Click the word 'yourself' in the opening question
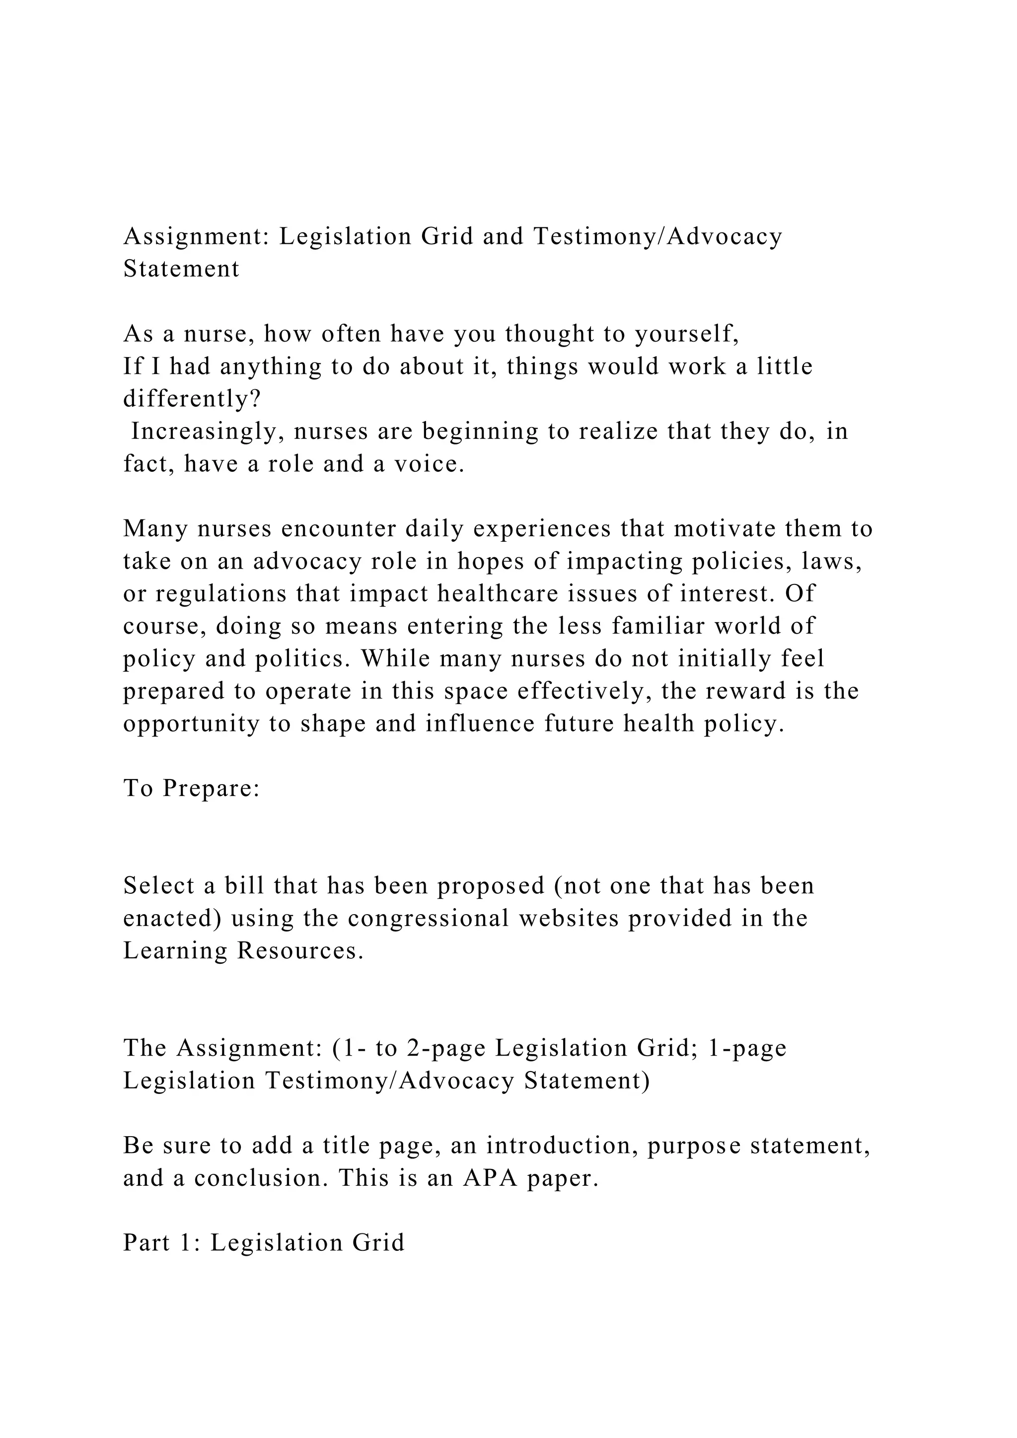(x=686, y=335)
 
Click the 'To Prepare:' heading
(x=192, y=789)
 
